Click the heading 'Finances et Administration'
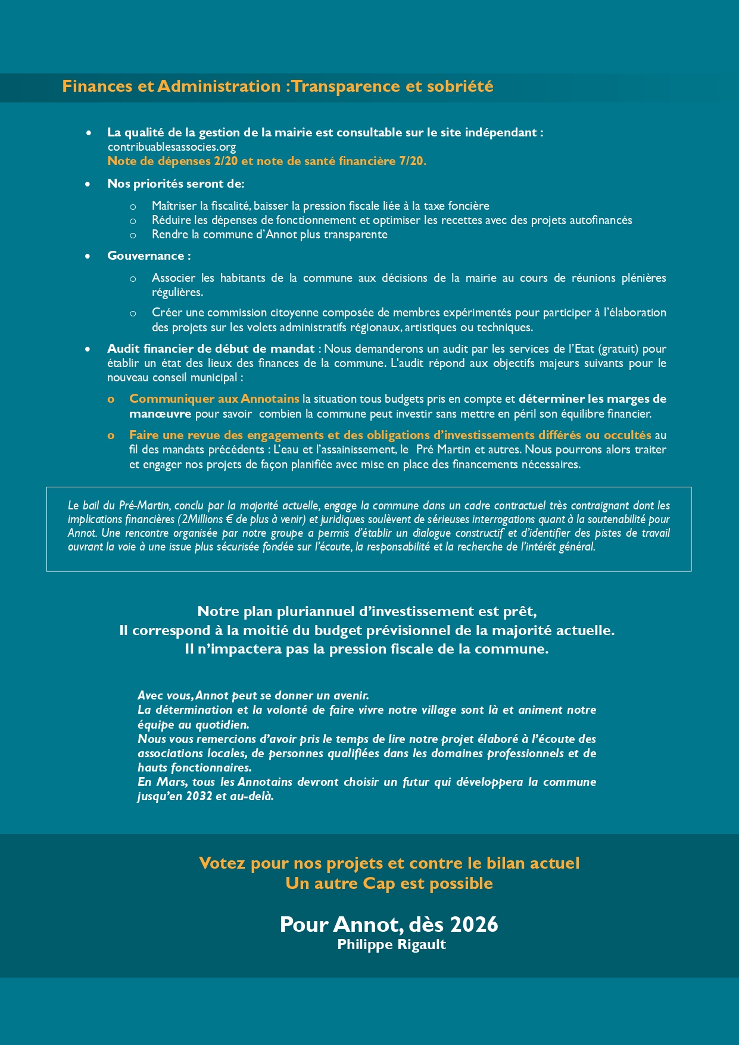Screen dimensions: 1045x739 click(x=172, y=86)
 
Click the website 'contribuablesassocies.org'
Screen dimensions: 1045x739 click(x=172, y=147)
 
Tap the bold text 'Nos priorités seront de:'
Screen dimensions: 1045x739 click(x=176, y=184)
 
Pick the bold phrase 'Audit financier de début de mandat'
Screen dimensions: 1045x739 click(x=211, y=349)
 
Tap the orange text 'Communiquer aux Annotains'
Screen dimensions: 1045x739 click(x=214, y=399)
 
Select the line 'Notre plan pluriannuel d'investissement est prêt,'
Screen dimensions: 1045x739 click(x=367, y=611)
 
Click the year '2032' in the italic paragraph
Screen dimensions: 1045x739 click(x=199, y=796)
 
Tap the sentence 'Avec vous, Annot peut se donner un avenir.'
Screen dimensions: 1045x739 click(x=253, y=695)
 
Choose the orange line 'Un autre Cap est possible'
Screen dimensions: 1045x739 click(x=389, y=883)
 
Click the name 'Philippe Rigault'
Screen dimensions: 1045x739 click(x=391, y=944)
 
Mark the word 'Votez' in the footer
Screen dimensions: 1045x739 click(x=222, y=863)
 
